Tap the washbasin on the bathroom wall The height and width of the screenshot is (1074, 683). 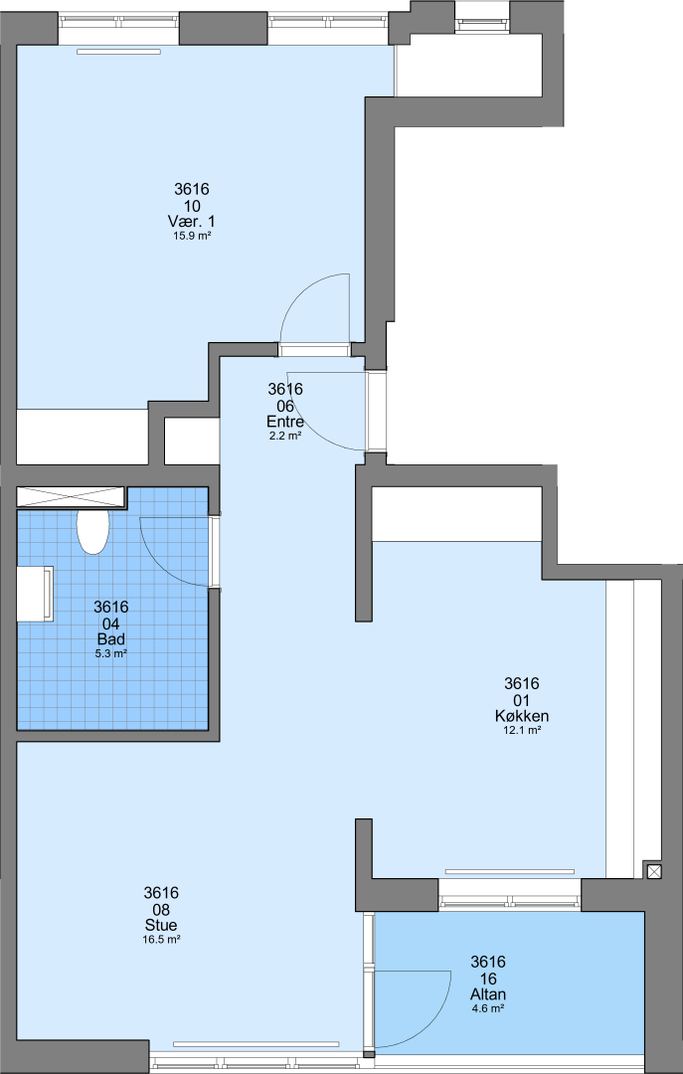point(35,594)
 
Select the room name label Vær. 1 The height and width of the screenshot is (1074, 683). point(192,221)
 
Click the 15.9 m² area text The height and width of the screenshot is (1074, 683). point(192,236)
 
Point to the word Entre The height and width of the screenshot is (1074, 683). point(285,422)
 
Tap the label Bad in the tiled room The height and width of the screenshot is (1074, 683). point(111,639)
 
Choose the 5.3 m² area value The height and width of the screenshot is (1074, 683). point(111,653)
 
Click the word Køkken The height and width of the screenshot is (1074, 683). point(522,716)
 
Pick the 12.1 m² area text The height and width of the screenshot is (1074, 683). point(522,730)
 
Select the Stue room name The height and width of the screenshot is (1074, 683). point(161,926)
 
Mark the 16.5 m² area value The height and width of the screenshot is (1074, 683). point(161,940)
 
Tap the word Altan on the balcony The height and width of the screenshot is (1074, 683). point(488,993)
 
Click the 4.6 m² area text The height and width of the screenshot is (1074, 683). point(488,1008)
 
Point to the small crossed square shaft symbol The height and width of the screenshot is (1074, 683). point(654,871)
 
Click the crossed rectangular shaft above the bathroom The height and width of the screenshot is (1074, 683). point(71,496)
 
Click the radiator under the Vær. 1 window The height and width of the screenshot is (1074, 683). point(118,52)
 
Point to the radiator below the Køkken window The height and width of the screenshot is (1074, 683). point(510,871)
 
